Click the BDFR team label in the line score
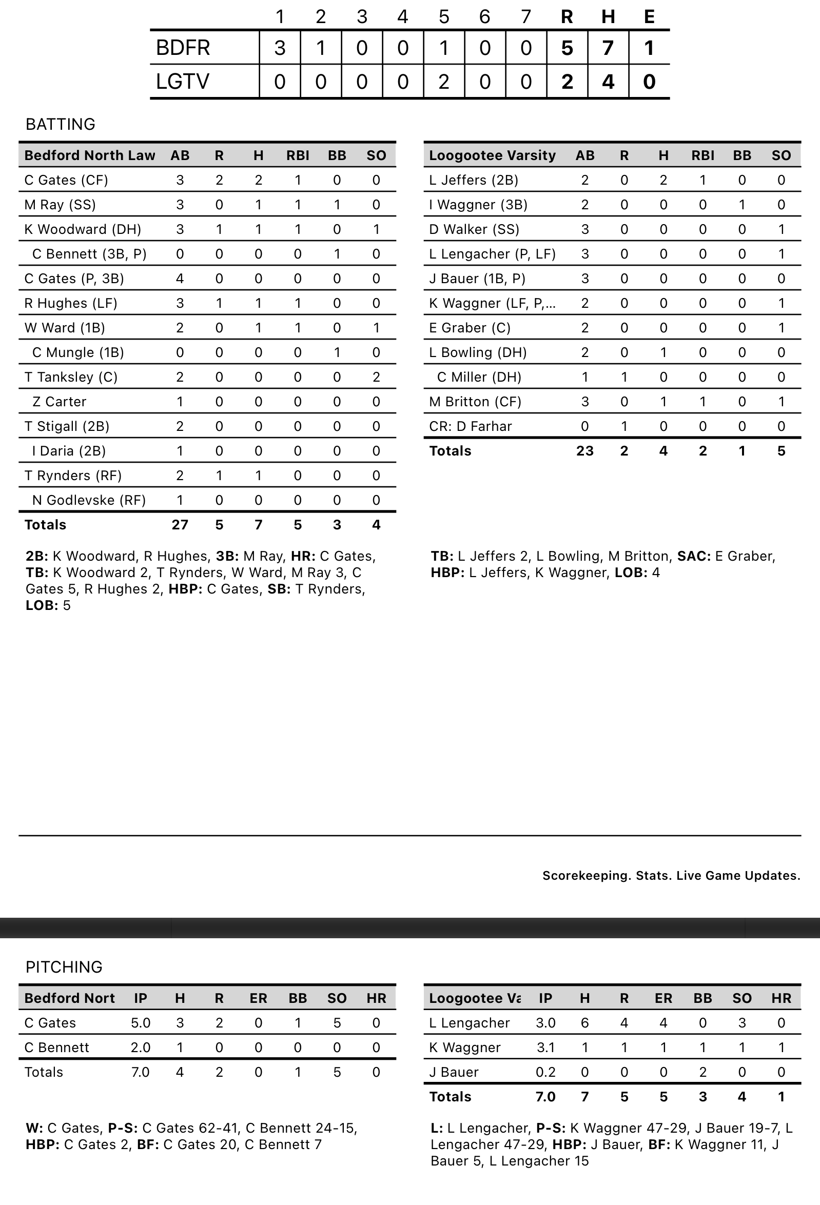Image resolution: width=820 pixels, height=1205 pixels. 183,48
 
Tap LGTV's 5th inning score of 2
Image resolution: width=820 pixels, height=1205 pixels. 443,82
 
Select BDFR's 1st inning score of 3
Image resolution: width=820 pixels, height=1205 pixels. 280,48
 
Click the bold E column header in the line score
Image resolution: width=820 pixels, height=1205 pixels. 649,17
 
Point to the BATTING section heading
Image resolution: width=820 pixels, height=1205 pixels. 60,125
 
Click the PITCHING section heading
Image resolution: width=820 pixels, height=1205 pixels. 64,967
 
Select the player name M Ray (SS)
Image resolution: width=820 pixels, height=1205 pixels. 60,205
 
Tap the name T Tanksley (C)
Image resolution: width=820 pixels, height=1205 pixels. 70,377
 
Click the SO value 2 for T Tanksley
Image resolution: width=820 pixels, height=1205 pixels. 376,377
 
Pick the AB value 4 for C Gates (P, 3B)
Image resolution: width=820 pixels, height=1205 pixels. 180,279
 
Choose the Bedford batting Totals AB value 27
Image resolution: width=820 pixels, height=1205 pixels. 180,525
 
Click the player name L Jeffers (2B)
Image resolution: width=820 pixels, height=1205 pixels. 474,180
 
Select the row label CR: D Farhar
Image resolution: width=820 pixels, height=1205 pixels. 470,426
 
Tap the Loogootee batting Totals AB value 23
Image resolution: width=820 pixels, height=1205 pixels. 584,451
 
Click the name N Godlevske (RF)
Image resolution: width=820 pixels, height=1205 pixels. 89,500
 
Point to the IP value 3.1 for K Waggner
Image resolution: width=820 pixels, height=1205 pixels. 545,1048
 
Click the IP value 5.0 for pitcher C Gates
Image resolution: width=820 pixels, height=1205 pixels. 141,1023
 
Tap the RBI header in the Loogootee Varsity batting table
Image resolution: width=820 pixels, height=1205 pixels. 702,155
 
